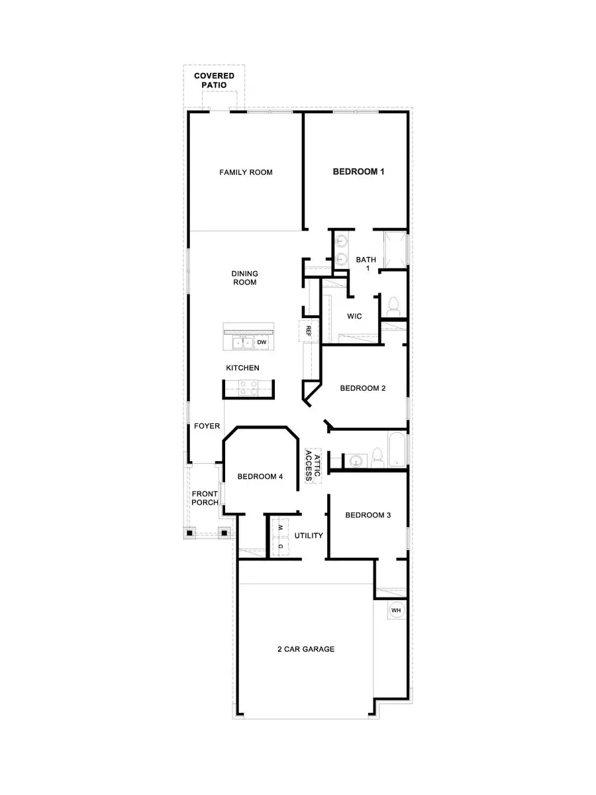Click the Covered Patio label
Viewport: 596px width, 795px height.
click(x=214, y=80)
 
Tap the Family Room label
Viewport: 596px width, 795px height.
click(x=246, y=172)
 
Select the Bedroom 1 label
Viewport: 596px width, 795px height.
click(x=358, y=172)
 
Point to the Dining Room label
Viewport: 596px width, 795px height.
click(x=244, y=278)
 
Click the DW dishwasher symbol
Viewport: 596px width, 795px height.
click(x=262, y=343)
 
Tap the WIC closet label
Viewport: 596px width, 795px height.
click(x=354, y=317)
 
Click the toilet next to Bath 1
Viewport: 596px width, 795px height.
click(x=394, y=306)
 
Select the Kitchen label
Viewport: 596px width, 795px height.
click(x=242, y=368)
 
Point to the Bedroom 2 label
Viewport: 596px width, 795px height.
click(x=363, y=388)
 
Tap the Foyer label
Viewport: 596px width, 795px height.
click(x=207, y=426)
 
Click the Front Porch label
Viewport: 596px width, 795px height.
click(x=205, y=498)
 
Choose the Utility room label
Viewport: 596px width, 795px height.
click(x=309, y=535)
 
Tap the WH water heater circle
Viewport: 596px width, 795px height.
click(x=396, y=610)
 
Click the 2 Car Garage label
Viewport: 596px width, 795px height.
click(x=305, y=649)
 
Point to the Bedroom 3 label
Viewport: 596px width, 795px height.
click(x=368, y=515)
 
